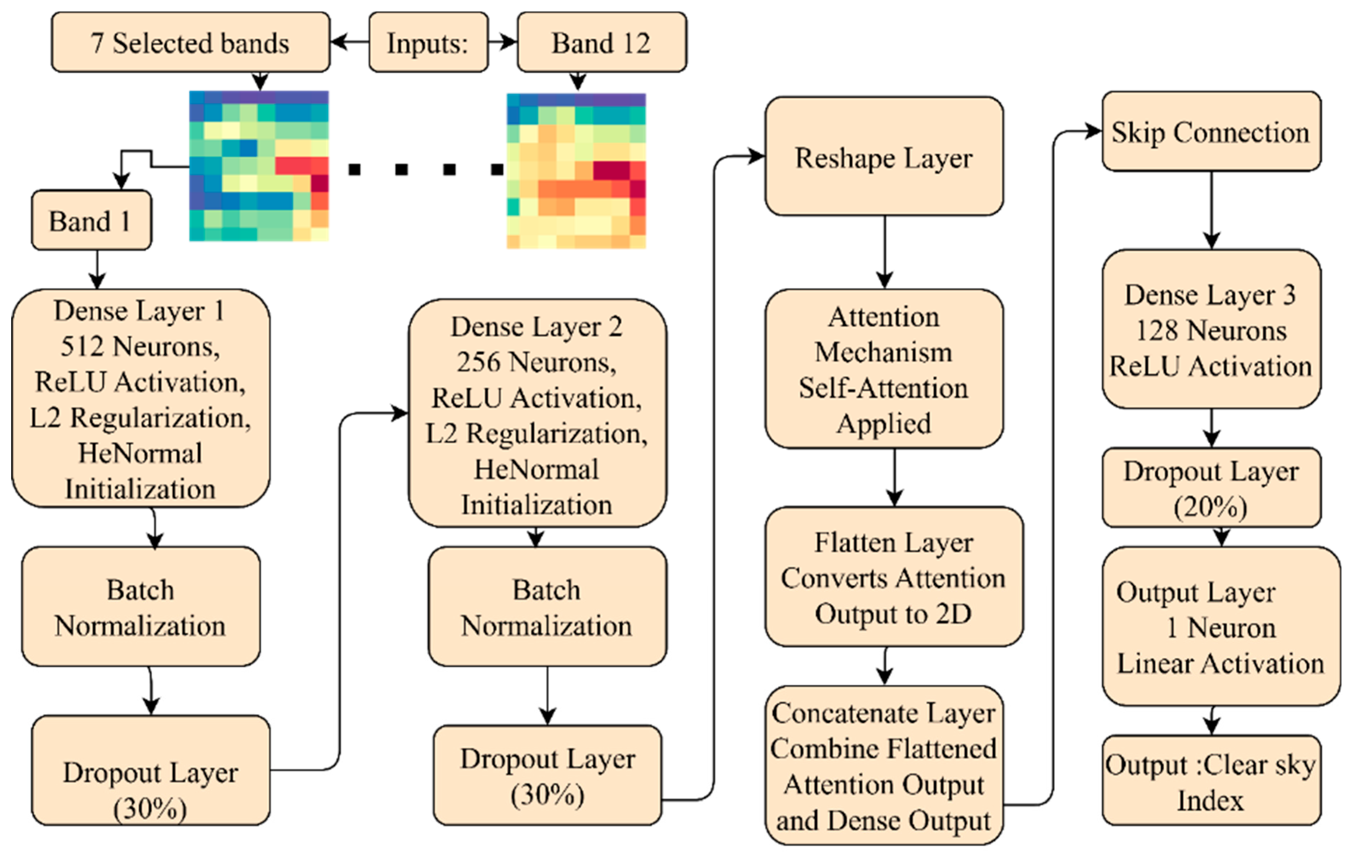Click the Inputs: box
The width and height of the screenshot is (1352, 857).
pos(428,43)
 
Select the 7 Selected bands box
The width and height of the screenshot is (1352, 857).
pos(190,43)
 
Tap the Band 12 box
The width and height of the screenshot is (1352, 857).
pos(601,43)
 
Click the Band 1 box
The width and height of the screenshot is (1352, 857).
pos(91,221)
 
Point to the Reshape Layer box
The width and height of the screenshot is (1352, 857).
pos(884,157)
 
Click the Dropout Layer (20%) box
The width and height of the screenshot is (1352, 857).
pos(1211,488)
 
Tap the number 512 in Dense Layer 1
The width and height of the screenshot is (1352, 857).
pos(82,346)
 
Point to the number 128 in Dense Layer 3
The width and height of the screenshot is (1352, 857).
pos(1157,330)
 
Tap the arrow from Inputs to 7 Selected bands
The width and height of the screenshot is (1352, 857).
pos(349,42)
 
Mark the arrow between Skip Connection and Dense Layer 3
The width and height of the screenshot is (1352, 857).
pos(1211,210)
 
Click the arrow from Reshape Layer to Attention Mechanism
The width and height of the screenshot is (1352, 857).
pos(885,253)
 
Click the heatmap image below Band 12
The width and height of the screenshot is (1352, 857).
pos(576,171)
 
